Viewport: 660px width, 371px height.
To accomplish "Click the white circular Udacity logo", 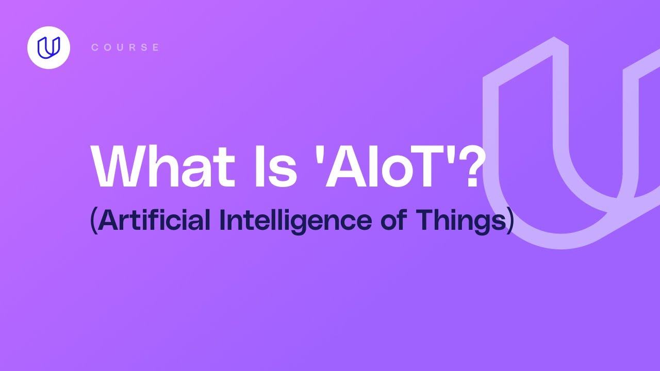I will click(48, 47).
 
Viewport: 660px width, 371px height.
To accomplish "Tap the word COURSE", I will click(125, 47).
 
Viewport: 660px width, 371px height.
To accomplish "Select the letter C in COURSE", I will click(94, 47).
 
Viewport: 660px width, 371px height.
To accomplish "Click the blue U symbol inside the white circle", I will click(48, 47).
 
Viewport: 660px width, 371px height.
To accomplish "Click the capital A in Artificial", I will click(106, 220).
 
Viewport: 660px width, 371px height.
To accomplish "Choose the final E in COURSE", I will click(156, 47).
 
